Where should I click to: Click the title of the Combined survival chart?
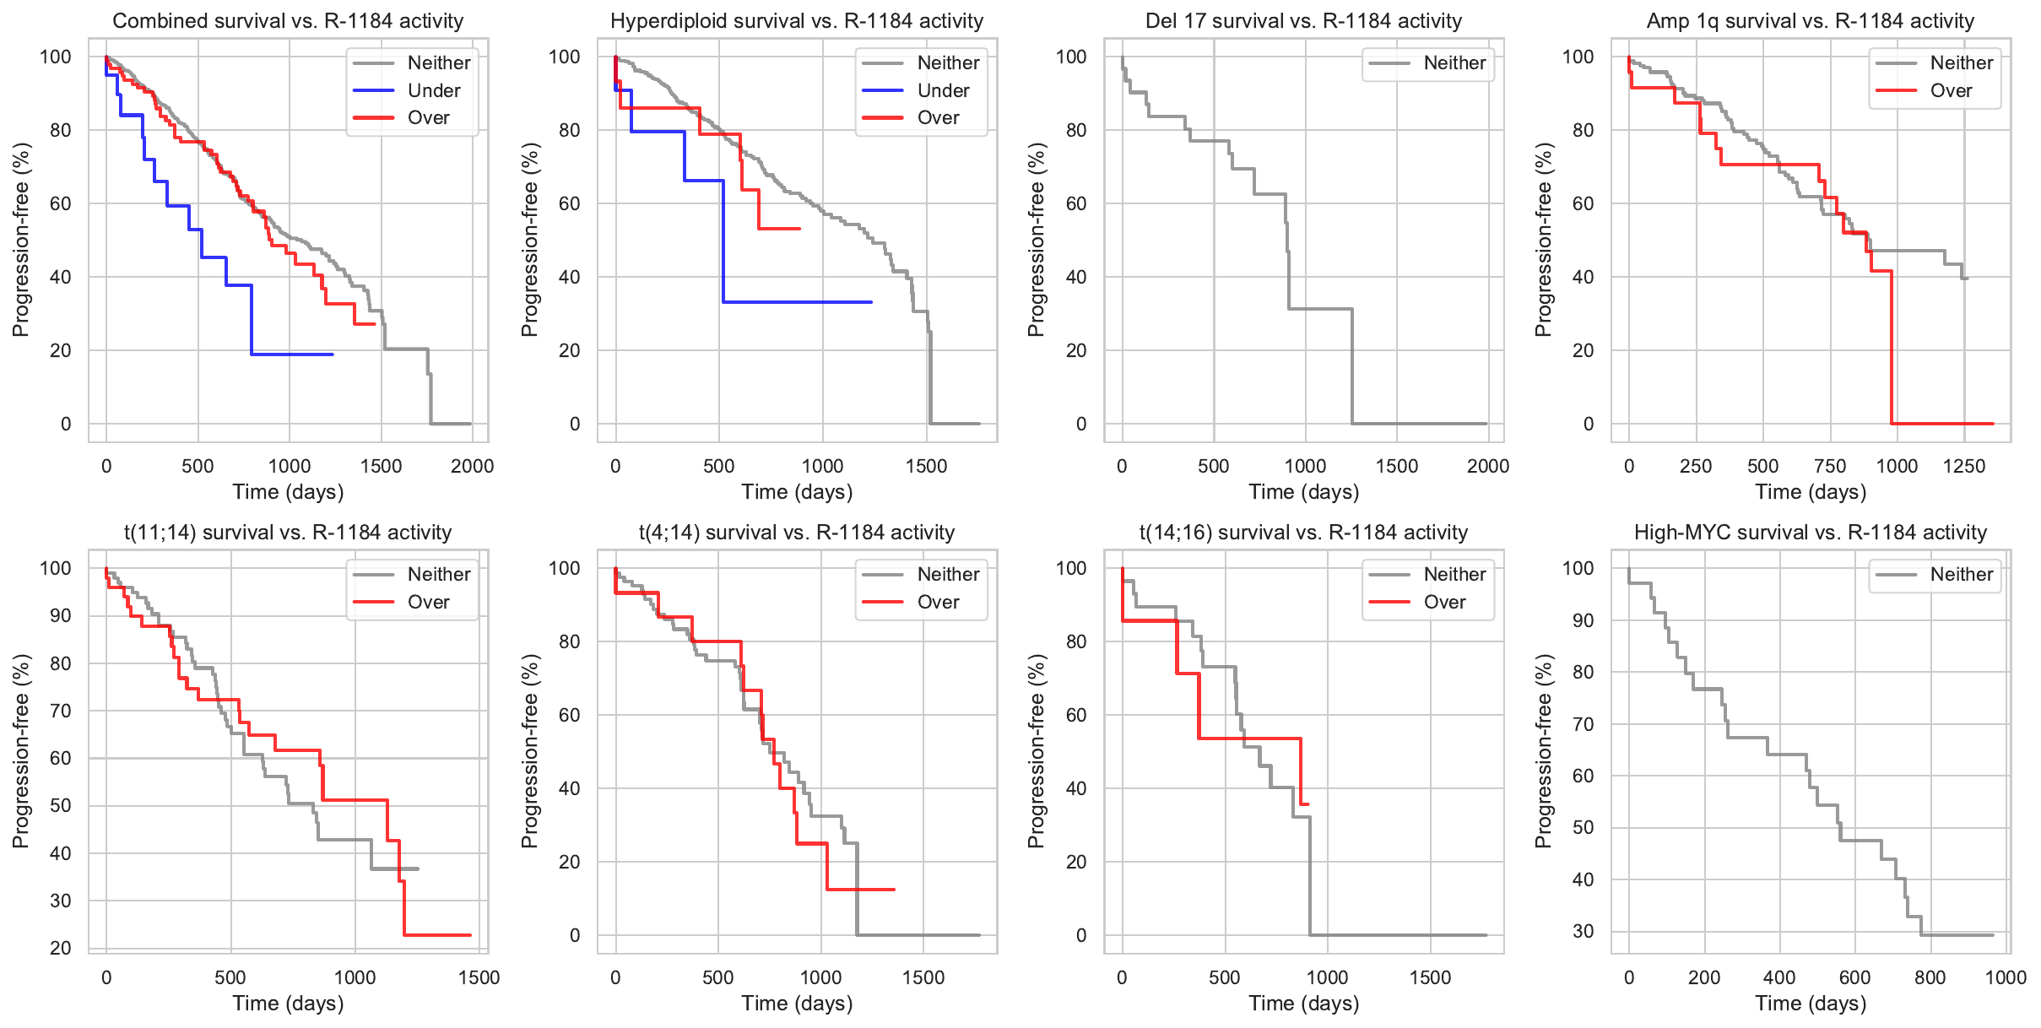[288, 21]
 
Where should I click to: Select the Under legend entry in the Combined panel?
[434, 90]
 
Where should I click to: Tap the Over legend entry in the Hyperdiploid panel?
[938, 118]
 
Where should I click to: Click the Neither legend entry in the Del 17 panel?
[1454, 63]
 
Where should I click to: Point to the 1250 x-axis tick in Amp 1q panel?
[1964, 466]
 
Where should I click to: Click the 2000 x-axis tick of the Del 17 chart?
[1487, 466]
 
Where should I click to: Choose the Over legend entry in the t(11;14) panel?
[428, 602]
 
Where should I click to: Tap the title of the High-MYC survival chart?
[1810, 533]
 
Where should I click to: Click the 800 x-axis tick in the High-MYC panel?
[1930, 977]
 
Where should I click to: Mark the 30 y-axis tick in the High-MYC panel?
[1584, 932]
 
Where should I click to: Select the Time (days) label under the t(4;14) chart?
[797, 1004]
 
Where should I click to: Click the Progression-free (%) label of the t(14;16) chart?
[1037, 751]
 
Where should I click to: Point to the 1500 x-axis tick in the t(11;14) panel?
[479, 977]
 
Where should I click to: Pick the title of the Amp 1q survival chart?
[1810, 21]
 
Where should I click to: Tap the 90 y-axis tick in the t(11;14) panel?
[61, 616]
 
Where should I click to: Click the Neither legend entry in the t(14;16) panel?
[1454, 575]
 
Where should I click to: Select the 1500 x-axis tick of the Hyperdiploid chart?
[926, 466]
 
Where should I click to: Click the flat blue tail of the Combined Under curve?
[291, 354]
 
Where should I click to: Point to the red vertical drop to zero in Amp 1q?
[1892, 354]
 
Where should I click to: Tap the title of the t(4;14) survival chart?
[797, 533]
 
